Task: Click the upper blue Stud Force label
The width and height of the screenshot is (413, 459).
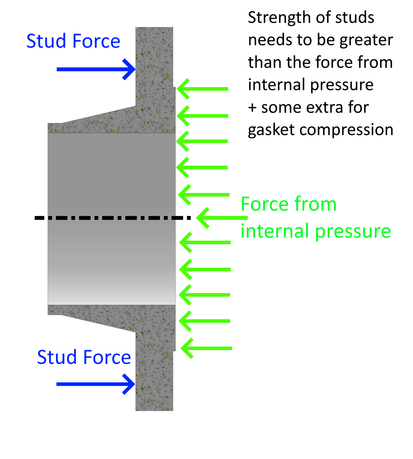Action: coord(73,41)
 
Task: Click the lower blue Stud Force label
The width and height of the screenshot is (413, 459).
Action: coord(84,357)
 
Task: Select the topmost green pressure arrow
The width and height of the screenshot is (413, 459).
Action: coord(203,89)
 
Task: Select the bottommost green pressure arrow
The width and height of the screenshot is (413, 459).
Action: coord(206,348)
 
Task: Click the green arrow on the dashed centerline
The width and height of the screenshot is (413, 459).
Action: coord(220,218)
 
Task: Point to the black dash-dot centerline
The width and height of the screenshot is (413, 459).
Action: coord(110,218)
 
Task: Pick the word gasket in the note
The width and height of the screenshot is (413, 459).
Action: coord(271,130)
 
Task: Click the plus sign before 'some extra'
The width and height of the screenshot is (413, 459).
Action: coord(252,107)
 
